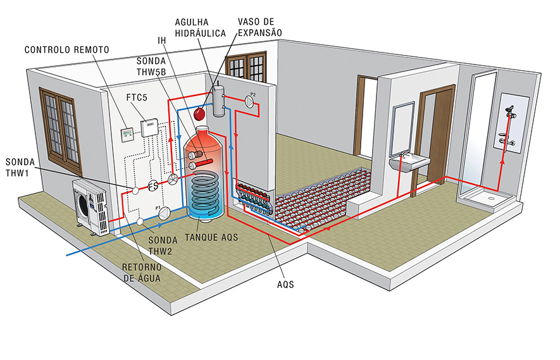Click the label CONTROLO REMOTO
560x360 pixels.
tap(68, 49)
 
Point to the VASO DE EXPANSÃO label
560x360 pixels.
tap(259, 27)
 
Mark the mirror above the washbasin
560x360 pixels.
tap(403, 129)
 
